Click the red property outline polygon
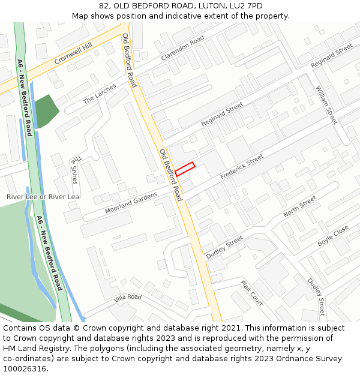185,169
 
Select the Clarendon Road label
182,49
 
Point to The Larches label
99,95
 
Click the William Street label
326,105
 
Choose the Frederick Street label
242,167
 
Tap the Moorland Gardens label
131,203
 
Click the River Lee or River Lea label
43,197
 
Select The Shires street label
74,171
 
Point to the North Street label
299,207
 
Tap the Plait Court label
252,293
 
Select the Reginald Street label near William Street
331,56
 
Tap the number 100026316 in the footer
25,368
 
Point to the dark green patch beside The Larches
46,109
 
